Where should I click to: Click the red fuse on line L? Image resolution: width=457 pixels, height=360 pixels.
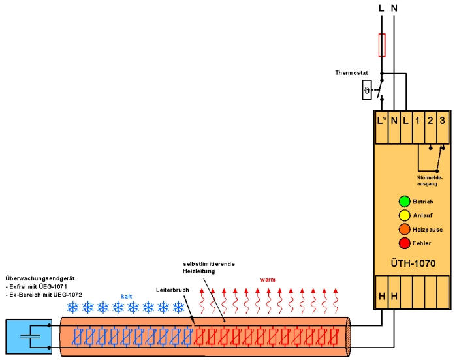[x=382, y=45]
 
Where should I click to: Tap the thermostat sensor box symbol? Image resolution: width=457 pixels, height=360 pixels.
[x=367, y=90]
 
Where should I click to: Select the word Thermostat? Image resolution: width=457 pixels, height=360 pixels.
[x=351, y=73]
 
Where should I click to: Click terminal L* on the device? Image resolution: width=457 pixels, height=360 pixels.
[x=381, y=120]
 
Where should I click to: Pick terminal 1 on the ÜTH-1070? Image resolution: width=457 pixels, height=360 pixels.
[x=418, y=120]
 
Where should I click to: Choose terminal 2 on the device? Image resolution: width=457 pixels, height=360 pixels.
[x=430, y=120]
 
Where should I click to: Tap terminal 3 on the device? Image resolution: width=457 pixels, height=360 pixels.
[x=443, y=120]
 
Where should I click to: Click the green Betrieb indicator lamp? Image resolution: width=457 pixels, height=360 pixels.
[x=404, y=202]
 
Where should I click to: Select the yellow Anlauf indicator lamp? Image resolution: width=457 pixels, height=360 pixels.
[x=404, y=215]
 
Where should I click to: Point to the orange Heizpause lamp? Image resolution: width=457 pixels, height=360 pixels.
[x=404, y=229]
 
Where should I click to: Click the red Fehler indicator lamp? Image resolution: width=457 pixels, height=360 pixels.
[x=404, y=243]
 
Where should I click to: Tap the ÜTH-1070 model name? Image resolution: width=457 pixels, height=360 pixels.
[x=413, y=263]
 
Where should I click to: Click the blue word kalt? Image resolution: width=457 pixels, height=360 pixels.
[x=127, y=297]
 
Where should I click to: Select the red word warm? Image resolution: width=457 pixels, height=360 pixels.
[x=268, y=280]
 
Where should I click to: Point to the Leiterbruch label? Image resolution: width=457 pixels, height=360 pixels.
[x=172, y=290]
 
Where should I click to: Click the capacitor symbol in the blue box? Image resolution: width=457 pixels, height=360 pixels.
[x=30, y=337]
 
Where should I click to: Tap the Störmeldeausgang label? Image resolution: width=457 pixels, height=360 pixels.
[x=430, y=181]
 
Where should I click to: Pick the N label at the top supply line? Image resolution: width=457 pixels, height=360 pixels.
[x=394, y=8]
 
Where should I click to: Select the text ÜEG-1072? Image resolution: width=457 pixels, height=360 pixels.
[x=68, y=295]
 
